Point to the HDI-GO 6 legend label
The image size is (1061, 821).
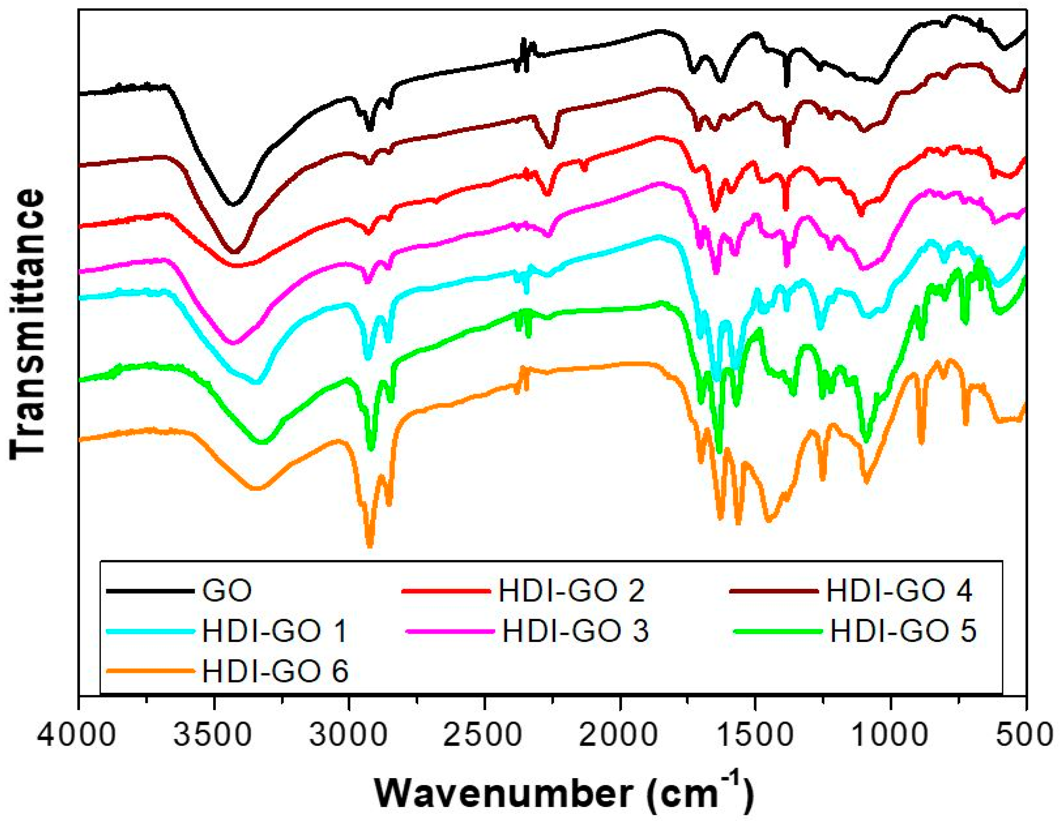(275, 672)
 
